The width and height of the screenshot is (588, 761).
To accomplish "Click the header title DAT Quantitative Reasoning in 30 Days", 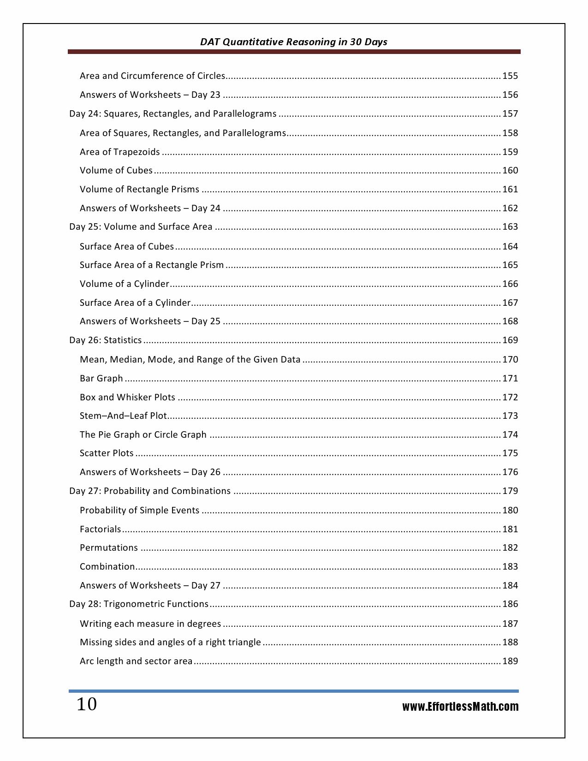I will tap(293, 42).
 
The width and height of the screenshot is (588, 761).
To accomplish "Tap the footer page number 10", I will tap(87, 705).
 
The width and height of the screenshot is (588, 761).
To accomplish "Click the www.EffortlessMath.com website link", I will tap(460, 707).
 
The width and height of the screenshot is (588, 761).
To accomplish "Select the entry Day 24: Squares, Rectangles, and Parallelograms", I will tap(173, 114).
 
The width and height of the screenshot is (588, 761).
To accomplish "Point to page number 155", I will tap(510, 76).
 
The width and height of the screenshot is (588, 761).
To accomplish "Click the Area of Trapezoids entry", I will tap(120, 152).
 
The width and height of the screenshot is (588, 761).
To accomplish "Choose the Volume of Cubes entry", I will tap(116, 171).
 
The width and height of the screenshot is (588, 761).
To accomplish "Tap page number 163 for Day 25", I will tap(510, 227).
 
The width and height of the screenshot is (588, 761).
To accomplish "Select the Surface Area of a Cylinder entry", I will tap(135, 303).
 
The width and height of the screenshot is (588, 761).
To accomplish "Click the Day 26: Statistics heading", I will tap(106, 340).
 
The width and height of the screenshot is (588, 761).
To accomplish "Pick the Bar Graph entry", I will tap(101, 379).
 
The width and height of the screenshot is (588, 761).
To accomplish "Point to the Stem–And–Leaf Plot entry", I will tap(123, 416).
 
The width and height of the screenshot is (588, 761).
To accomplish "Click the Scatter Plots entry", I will tap(107, 453).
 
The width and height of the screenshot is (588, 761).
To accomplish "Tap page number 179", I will tap(510, 491).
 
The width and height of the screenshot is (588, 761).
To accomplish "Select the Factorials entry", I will tap(100, 529).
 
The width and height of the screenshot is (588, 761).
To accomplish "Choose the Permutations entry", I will tap(109, 548).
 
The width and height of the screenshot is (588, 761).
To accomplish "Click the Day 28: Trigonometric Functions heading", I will tap(139, 604).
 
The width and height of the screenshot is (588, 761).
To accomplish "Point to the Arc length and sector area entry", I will tap(136, 661).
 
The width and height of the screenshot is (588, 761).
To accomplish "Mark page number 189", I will tap(510, 661).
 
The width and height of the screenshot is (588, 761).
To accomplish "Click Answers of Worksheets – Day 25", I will tap(150, 321).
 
